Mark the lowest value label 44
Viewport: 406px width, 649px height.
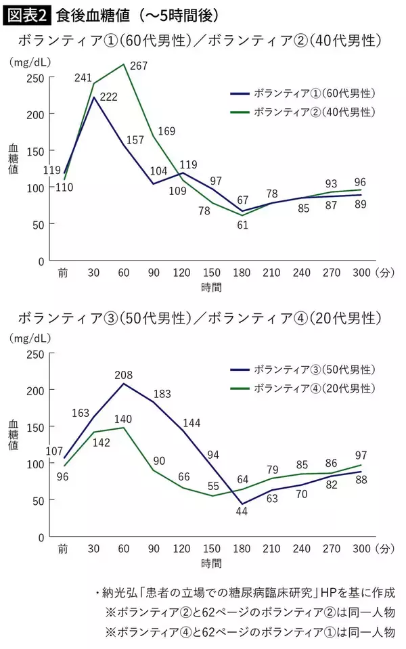point(242,512)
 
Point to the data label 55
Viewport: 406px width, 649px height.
point(212,486)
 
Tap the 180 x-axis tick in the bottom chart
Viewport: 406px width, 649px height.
point(241,549)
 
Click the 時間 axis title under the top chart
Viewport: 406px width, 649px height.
point(210,286)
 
